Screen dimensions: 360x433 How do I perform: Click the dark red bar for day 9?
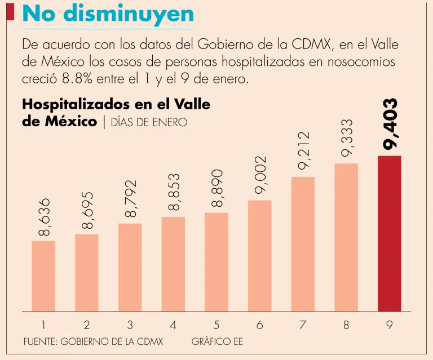pos(389,233)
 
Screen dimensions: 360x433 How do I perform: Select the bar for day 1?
pos(43,275)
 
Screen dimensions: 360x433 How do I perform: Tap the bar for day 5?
pos(216,261)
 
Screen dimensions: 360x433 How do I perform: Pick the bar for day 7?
pos(303,243)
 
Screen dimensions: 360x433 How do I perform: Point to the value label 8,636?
pos(44,216)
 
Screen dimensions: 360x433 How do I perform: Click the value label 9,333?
pos(347,138)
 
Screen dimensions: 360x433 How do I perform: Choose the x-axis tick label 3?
pos(130,325)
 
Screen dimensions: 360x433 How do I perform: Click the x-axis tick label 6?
pos(260,325)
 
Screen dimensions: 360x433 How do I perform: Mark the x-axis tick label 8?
pos(346,325)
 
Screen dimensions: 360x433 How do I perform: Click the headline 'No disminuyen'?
pos(107,15)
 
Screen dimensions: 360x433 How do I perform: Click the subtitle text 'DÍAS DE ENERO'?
pos(149,122)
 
